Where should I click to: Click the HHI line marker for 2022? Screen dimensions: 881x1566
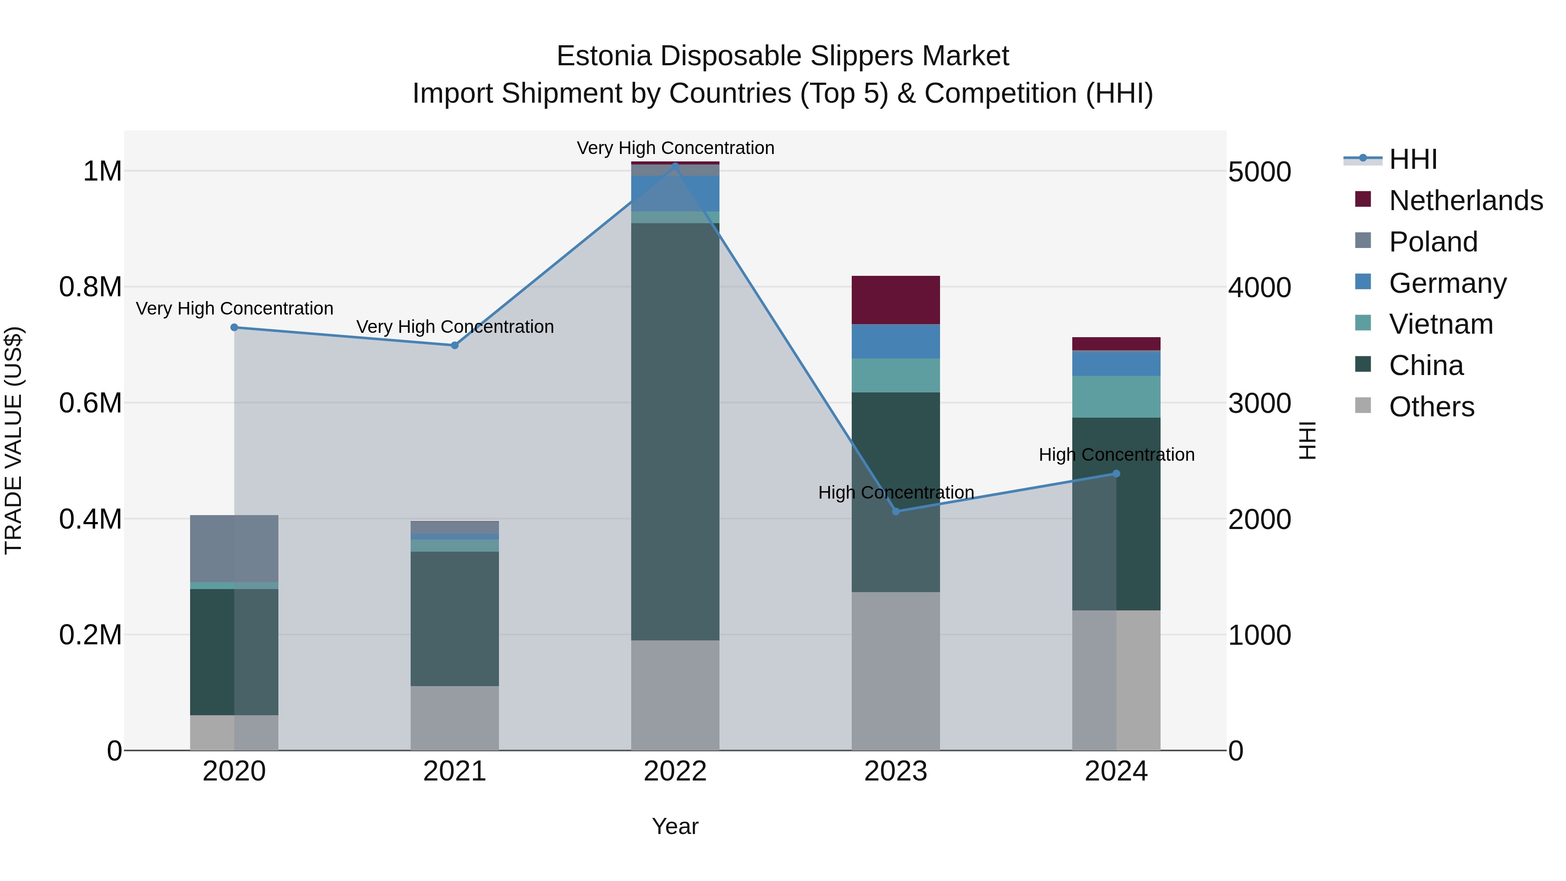[x=675, y=165]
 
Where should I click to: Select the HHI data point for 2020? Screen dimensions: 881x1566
[x=234, y=327]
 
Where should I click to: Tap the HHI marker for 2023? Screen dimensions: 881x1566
[x=896, y=511]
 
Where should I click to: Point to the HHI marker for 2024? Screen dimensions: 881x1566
[x=1116, y=474]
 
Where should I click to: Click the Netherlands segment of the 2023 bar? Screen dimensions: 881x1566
[x=896, y=300]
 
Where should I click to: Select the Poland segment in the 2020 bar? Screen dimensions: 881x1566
[x=234, y=549]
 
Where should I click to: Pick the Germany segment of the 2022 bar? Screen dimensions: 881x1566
[x=675, y=193]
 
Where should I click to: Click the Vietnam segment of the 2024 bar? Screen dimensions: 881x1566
[x=1116, y=396]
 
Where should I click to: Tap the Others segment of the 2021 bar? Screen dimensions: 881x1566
[x=455, y=718]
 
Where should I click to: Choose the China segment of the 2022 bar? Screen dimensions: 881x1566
[x=675, y=432]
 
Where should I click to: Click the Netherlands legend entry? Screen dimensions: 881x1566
[x=1465, y=201]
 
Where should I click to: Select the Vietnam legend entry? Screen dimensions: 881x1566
[x=1440, y=324]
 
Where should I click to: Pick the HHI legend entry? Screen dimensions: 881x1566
[x=1412, y=159]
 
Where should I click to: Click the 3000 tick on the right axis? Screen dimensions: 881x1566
[x=1259, y=404]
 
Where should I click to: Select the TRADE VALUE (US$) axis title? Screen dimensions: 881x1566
[x=13, y=440]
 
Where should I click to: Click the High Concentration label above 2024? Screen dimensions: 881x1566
[x=1116, y=455]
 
